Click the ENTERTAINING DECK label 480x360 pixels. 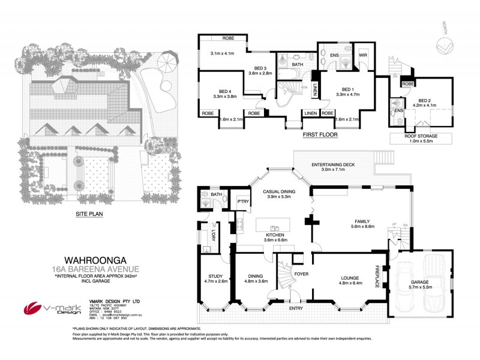pyautogui.click(x=334, y=164)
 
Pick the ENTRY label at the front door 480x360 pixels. pyautogui.click(x=296, y=308)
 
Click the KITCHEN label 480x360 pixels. pyautogui.click(x=277, y=235)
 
